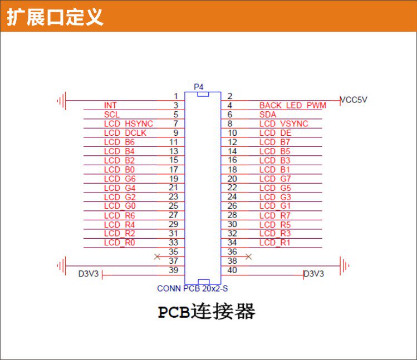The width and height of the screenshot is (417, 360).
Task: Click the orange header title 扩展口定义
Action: point(55,17)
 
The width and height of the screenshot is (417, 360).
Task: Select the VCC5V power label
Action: point(354,100)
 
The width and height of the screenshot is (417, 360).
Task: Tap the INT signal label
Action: point(110,105)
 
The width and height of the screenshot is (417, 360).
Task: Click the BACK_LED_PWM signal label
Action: point(293,105)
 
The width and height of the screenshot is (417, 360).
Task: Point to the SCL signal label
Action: point(112,115)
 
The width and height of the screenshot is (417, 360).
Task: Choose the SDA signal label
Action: point(268,115)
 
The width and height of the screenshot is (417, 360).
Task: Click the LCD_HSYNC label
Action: point(129,124)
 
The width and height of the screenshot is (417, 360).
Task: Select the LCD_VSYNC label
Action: point(291,124)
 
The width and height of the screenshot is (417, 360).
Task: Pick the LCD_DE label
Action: point(275,133)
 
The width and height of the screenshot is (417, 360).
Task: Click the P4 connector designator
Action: point(199,87)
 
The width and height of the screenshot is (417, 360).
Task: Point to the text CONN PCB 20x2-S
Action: point(193,289)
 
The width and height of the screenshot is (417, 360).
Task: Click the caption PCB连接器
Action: point(207,312)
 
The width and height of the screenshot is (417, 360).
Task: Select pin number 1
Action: point(175,96)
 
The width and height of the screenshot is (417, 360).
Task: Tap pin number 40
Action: point(232,270)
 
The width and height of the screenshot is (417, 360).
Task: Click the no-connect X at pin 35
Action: point(157,257)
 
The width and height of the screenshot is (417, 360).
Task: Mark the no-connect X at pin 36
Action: point(249,257)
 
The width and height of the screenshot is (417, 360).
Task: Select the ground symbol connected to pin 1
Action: point(62,101)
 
